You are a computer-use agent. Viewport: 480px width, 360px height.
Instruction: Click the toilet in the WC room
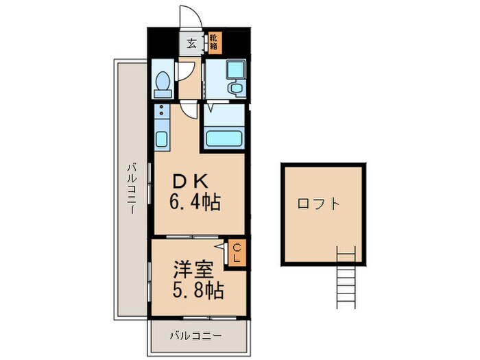pyautogui.click(x=163, y=84)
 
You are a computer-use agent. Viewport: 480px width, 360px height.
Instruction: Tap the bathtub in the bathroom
pyautogui.click(x=224, y=139)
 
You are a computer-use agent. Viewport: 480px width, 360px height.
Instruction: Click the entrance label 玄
pyautogui.click(x=191, y=44)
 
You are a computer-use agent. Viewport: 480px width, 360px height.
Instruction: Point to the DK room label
pyautogui.click(x=191, y=182)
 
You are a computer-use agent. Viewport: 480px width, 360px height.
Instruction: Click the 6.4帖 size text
pyautogui.click(x=195, y=202)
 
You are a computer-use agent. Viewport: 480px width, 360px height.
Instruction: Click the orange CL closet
pyautogui.click(x=237, y=253)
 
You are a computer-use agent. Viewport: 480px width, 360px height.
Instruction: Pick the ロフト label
pyautogui.click(x=319, y=204)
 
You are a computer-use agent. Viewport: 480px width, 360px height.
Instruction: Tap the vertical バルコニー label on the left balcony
pyautogui.click(x=132, y=189)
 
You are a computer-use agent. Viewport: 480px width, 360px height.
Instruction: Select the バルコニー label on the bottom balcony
pyautogui.click(x=195, y=336)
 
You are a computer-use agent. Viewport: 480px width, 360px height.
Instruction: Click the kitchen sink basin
pyautogui.click(x=161, y=139)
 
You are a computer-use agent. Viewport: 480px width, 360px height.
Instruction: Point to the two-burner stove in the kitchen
pyautogui.click(x=161, y=111)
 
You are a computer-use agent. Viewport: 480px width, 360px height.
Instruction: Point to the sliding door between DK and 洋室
pyautogui.click(x=192, y=237)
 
